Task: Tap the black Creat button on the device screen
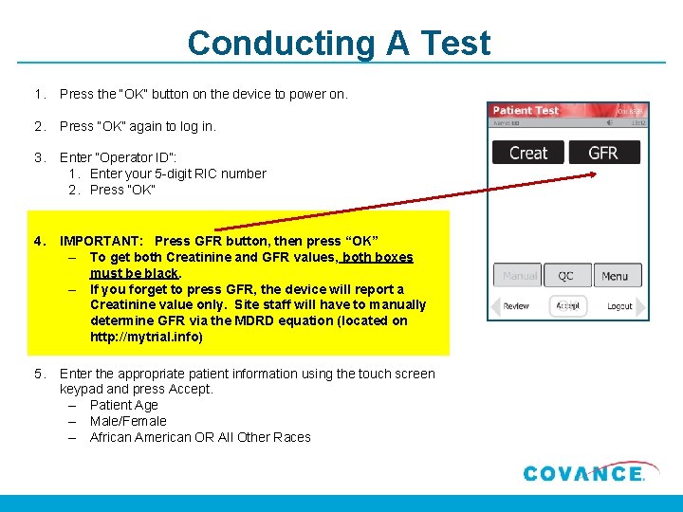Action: coord(527,153)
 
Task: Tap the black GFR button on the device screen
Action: coord(603,153)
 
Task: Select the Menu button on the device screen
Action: coord(615,276)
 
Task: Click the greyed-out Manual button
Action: coord(519,276)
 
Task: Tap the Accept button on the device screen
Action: coord(567,306)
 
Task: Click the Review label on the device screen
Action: coord(516,306)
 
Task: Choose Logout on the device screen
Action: coord(619,306)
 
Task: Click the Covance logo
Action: coord(583,473)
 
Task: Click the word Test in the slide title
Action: coord(452,44)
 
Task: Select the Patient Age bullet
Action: coord(123,405)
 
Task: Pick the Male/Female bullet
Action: coord(128,421)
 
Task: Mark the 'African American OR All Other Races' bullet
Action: coord(200,437)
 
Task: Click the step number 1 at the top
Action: coord(38,94)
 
